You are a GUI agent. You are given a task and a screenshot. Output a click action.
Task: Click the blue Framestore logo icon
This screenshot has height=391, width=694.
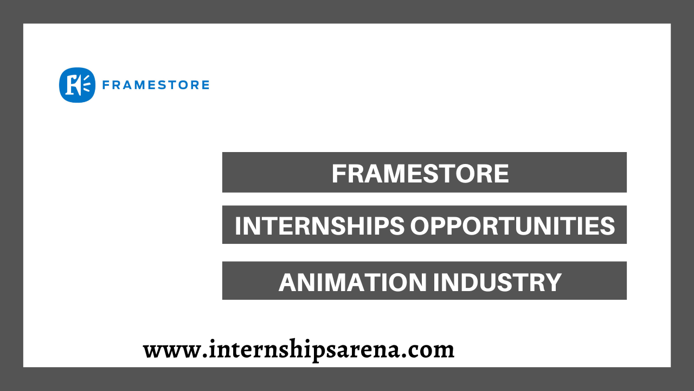(x=77, y=85)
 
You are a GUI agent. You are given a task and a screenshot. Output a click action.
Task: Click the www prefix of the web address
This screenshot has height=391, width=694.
(x=170, y=350)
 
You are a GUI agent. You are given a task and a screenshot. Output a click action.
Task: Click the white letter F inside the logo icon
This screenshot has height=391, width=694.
(x=72, y=85)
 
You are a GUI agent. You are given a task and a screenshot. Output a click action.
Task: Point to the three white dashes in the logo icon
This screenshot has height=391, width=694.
(x=85, y=85)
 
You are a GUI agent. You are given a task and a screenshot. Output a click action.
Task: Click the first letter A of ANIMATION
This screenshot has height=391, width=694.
(x=287, y=282)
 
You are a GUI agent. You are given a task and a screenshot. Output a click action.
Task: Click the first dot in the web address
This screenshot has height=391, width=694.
(x=200, y=356)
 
